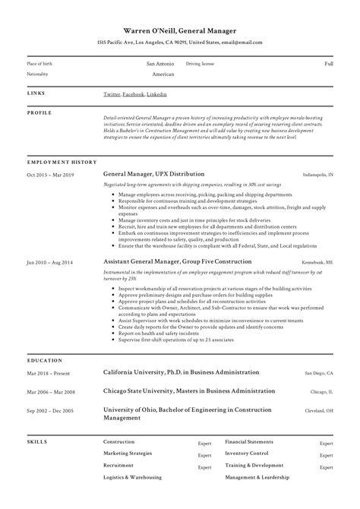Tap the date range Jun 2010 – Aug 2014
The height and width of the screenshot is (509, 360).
point(51,261)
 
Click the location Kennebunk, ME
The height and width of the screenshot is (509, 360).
point(318,261)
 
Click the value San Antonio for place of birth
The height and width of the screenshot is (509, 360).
point(160,65)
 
